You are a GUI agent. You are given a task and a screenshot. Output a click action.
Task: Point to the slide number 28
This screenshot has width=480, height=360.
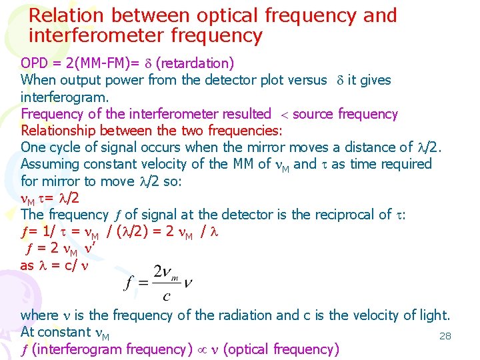(445, 336)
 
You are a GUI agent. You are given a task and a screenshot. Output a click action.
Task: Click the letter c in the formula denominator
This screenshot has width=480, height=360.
(165, 296)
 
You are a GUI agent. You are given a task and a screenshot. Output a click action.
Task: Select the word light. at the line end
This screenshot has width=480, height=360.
(434, 315)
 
